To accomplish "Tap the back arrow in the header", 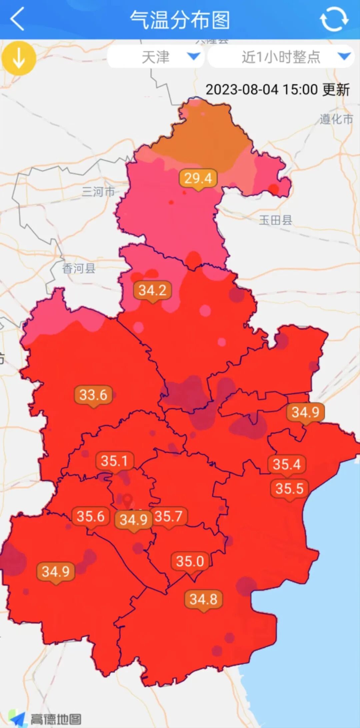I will (x=17, y=19).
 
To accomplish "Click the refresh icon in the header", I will (x=334, y=19).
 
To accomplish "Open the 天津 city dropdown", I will (x=156, y=57).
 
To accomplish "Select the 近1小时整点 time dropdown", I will (x=281, y=57).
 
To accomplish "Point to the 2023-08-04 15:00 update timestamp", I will (x=277, y=90).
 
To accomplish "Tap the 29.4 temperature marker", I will (x=198, y=178).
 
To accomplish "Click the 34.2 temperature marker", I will (x=152, y=290).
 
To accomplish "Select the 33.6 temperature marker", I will (x=93, y=395).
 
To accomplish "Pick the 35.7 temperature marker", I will (x=168, y=517).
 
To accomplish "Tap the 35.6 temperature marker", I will (x=91, y=517).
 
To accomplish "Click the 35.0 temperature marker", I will (x=190, y=561).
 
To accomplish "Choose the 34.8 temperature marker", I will (x=203, y=599).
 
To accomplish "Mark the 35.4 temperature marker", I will (x=287, y=464).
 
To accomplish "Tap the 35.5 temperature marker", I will (x=289, y=489).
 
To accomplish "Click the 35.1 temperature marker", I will (x=114, y=461).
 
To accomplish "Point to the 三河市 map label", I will (x=98, y=192).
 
